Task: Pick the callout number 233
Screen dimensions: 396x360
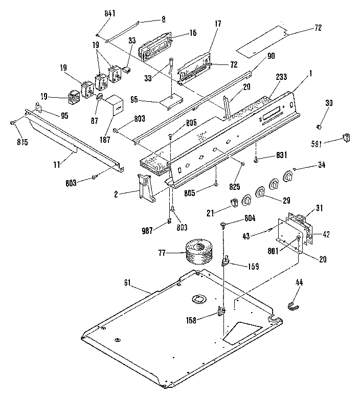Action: [x=281, y=77]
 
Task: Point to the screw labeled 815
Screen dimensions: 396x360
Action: [x=12, y=122]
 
